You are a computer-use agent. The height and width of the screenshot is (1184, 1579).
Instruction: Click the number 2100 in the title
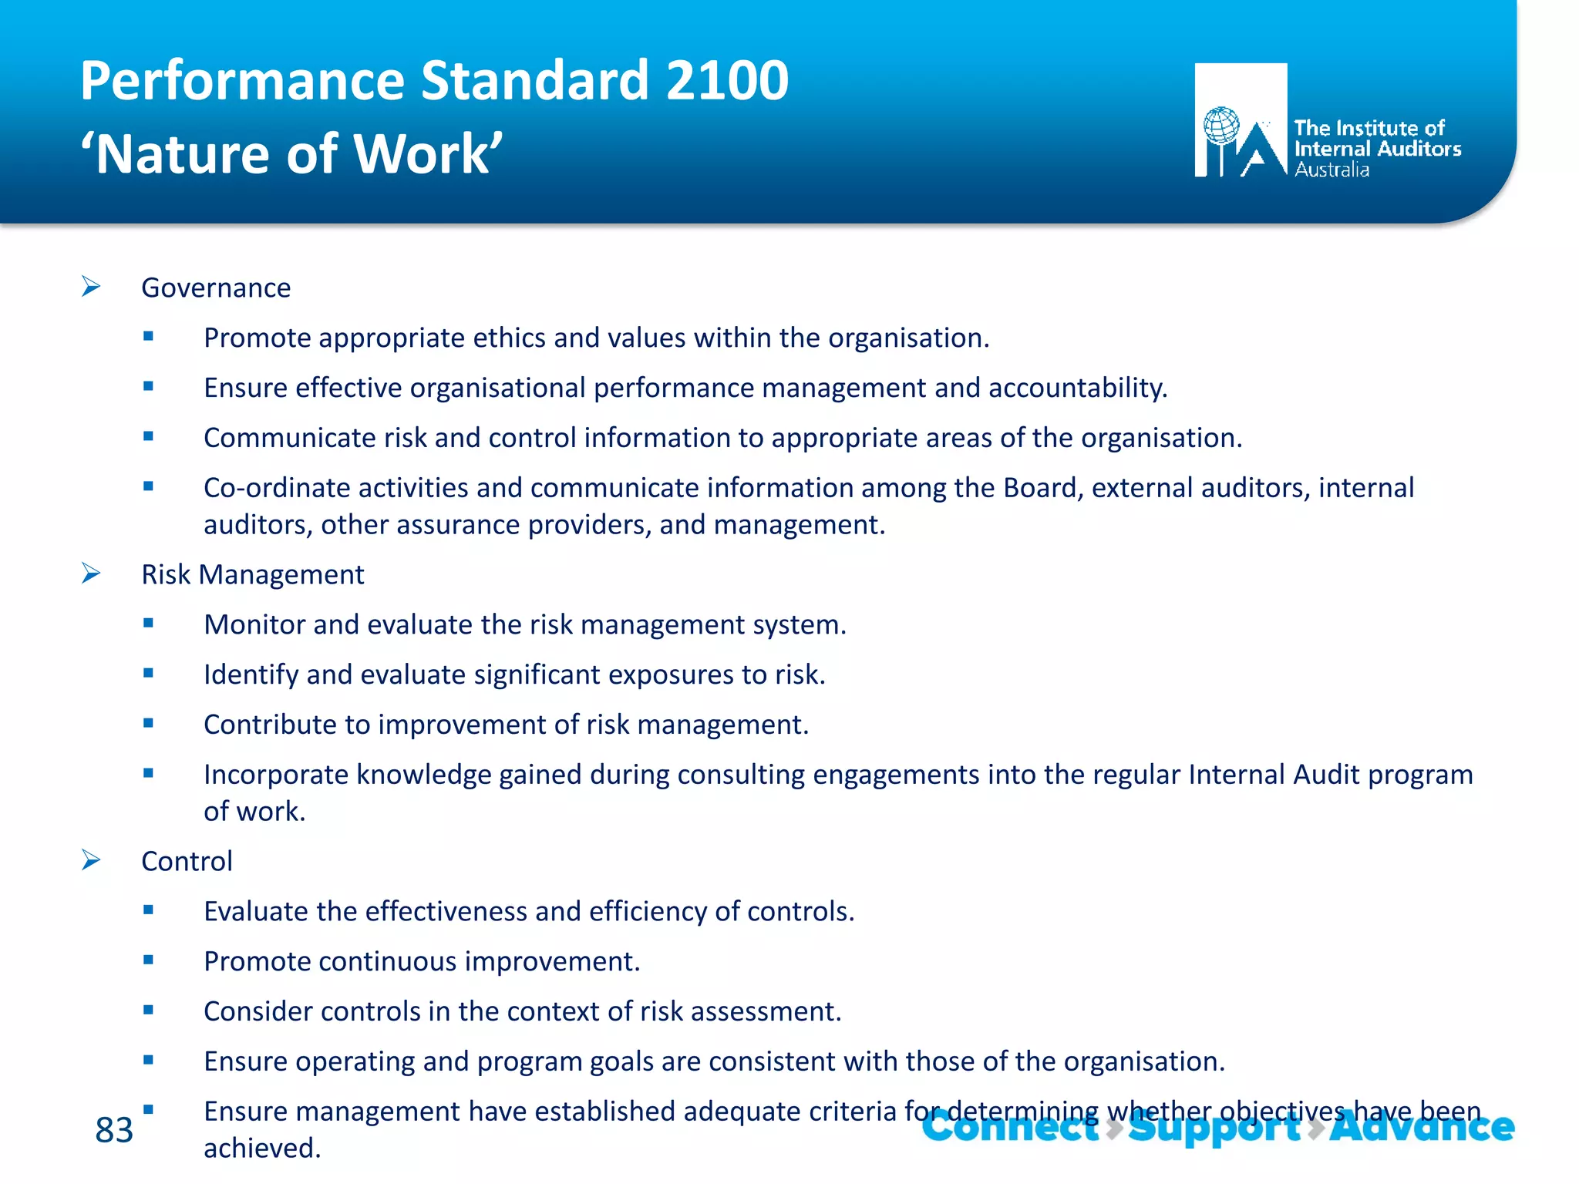click(x=727, y=81)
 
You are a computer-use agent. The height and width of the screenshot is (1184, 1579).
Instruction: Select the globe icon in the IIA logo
click(x=1221, y=126)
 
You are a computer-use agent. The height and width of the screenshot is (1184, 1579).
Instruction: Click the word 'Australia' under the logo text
click(x=1332, y=170)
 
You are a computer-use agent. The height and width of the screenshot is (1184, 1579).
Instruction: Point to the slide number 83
click(x=114, y=1130)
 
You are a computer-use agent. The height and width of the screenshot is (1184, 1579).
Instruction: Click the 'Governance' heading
click(x=216, y=288)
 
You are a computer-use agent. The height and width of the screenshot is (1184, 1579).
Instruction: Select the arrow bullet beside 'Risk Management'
click(x=91, y=573)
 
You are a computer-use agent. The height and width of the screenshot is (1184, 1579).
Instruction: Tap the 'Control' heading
click(x=187, y=861)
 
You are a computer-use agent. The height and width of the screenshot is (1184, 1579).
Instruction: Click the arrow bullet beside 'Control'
click(x=91, y=860)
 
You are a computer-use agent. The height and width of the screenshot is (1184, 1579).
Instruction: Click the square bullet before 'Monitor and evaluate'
click(x=148, y=623)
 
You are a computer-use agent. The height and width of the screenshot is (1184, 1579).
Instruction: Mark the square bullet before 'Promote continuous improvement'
click(x=148, y=960)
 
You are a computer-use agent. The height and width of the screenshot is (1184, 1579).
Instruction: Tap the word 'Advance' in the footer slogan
click(x=1422, y=1127)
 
